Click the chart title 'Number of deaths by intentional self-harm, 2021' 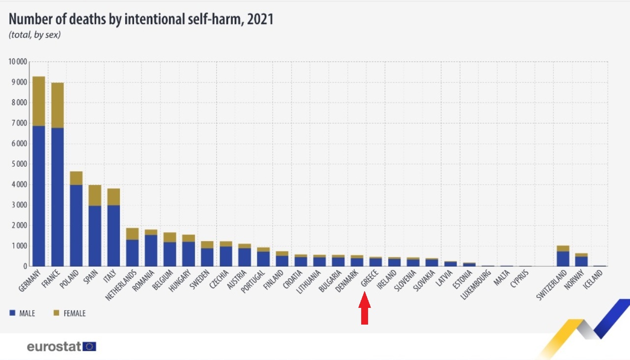pyautogui.click(x=141, y=19)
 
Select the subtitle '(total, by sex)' pyautogui.click(x=34, y=35)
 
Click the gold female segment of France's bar pyautogui.click(x=57, y=105)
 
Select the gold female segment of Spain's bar pyautogui.click(x=95, y=195)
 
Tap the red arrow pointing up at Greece pyautogui.click(x=364, y=309)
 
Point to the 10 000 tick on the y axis pyautogui.click(x=17, y=61)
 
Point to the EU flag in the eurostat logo pyautogui.click(x=89, y=347)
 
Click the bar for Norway pyautogui.click(x=581, y=260)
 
